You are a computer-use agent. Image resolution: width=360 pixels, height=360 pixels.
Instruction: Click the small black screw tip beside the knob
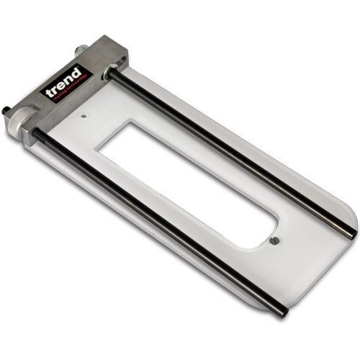5,111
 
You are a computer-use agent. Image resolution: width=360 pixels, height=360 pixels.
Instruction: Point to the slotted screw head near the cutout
274,241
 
